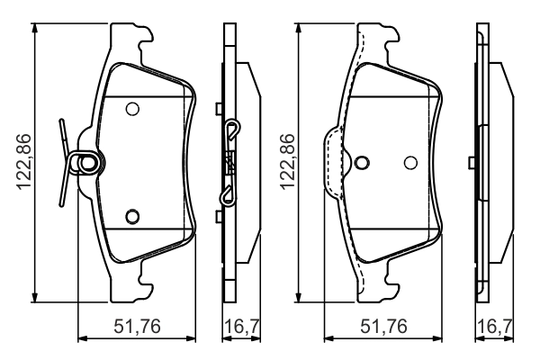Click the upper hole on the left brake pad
[x=132, y=109]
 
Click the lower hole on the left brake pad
[x=132, y=216]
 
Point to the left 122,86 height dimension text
[x=24, y=162]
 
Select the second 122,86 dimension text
[x=288, y=162]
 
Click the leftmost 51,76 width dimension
[x=137, y=326]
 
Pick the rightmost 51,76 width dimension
[x=383, y=326]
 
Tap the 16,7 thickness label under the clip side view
[x=242, y=326]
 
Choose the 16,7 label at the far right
[x=495, y=326]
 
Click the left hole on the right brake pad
[x=362, y=163]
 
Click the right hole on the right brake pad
[x=410, y=163]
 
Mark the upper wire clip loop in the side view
[x=233, y=130]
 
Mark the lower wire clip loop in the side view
[x=229, y=195]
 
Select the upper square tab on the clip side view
[x=219, y=109]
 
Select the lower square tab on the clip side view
[x=219, y=217]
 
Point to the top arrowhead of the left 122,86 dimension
[x=35, y=28]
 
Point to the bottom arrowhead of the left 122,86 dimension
[x=35, y=298]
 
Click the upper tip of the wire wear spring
[x=61, y=121]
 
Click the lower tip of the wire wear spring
[x=61, y=205]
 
